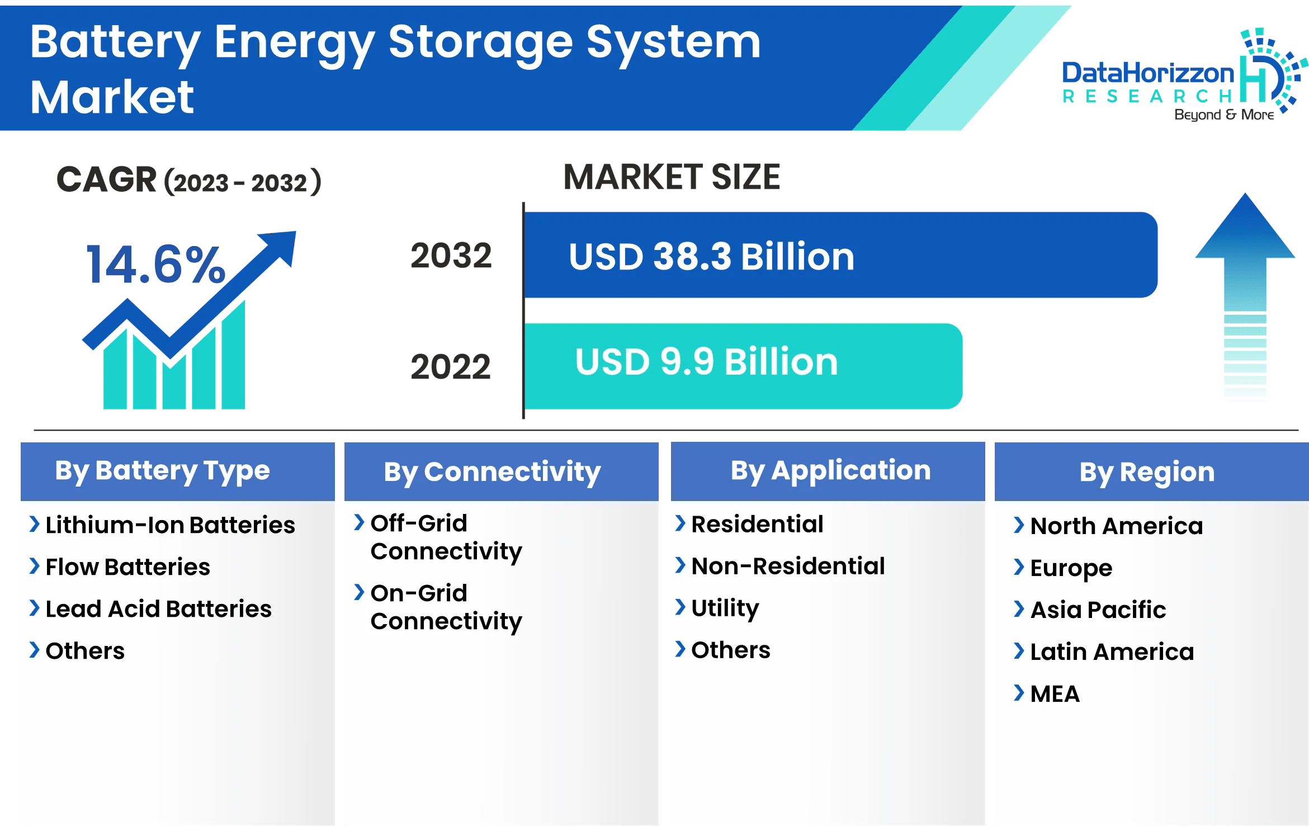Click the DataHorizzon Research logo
(1180, 75)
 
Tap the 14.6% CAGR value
(155, 265)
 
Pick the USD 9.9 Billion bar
(743, 366)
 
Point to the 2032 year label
(451, 256)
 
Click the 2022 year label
(451, 367)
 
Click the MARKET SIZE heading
(672, 177)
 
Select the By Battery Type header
(163, 471)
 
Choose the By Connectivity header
(492, 472)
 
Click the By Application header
(830, 471)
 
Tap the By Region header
(1147, 472)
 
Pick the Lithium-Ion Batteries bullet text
(170, 525)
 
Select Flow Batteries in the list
(127, 567)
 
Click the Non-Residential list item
(788, 566)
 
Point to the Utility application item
(725, 608)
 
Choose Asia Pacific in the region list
(1098, 610)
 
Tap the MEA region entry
(1055, 694)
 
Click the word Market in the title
(112, 97)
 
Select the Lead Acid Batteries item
(158, 609)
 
